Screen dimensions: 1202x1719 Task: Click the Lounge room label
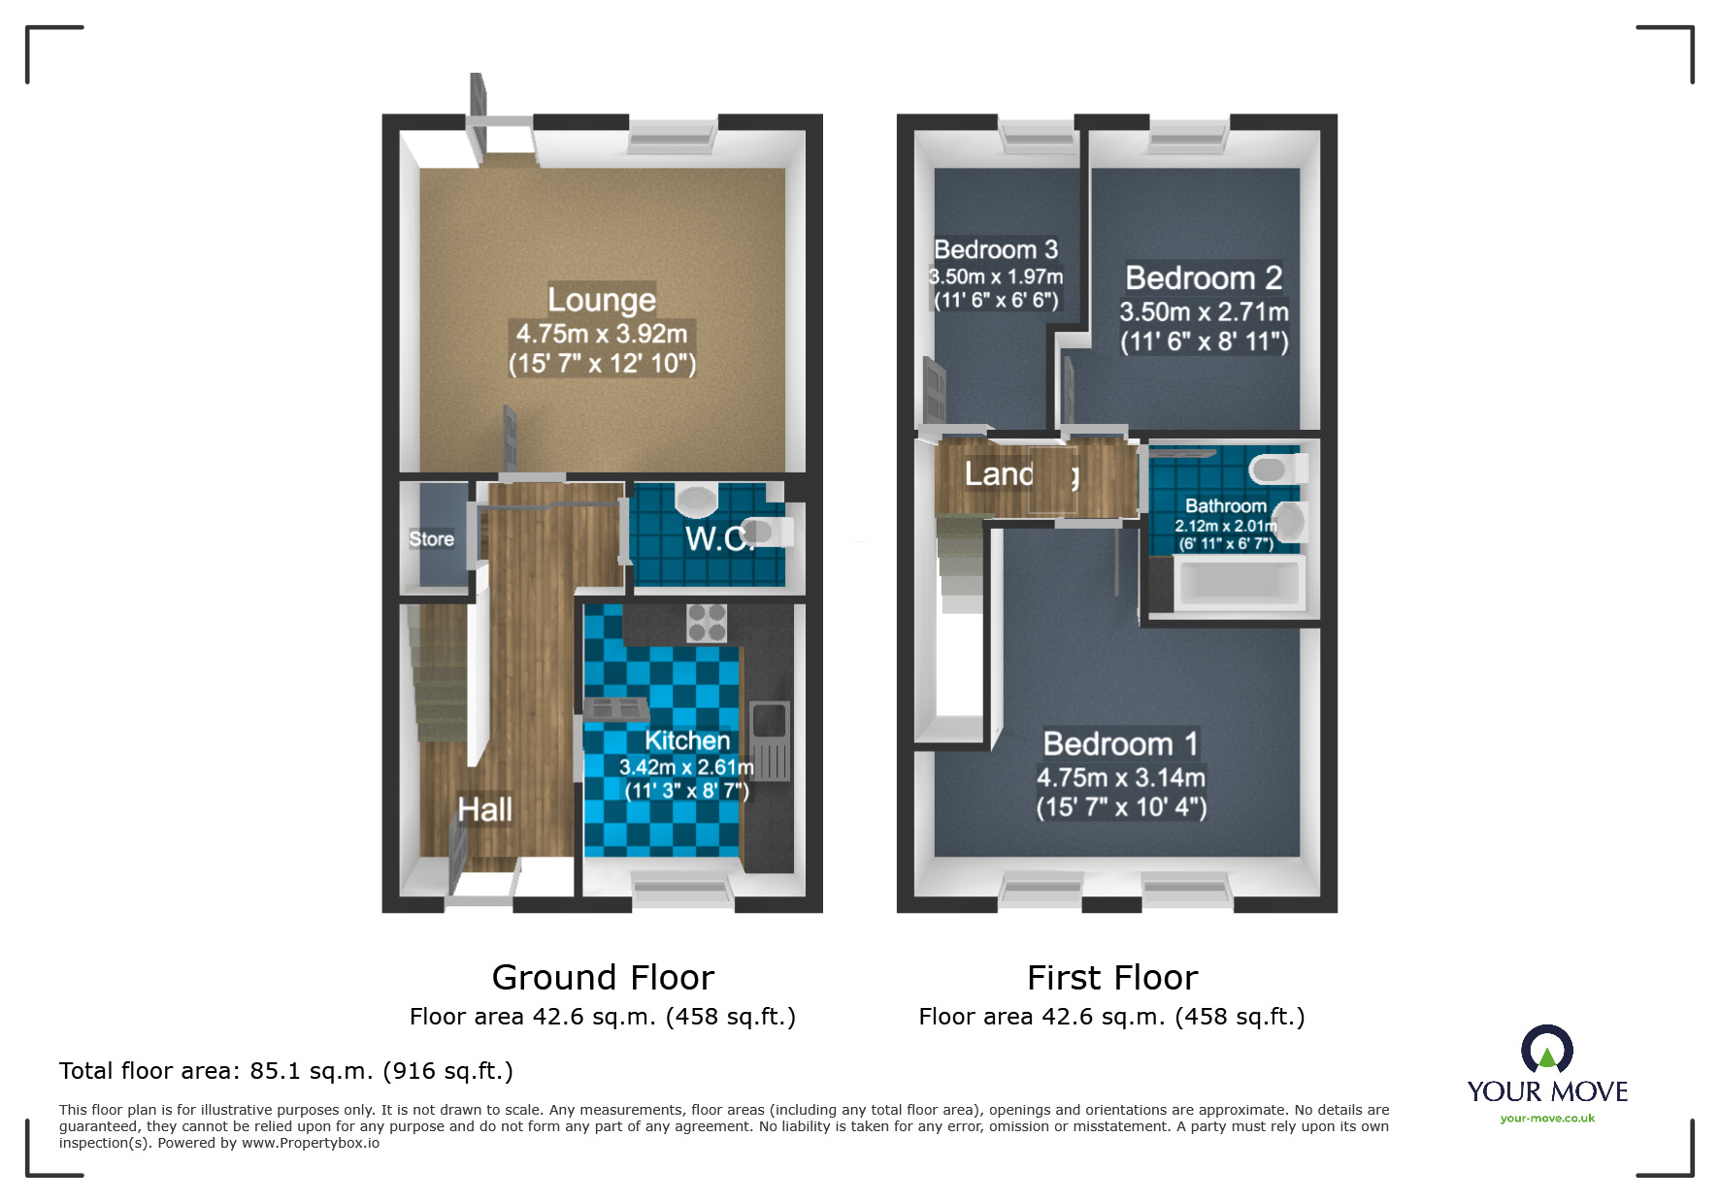(601, 299)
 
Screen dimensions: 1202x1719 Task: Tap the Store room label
(431, 538)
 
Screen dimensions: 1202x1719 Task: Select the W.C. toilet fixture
(765, 532)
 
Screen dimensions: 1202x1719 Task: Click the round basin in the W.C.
(696, 500)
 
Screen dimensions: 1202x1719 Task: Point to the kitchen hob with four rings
(707, 622)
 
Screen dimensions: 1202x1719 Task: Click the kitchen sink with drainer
(770, 740)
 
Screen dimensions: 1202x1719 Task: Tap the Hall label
(484, 809)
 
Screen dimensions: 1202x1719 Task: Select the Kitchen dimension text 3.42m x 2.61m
(686, 766)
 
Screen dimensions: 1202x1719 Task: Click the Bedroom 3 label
(996, 249)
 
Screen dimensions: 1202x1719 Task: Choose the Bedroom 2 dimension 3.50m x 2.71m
(1204, 311)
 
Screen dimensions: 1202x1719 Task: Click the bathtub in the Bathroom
(1237, 583)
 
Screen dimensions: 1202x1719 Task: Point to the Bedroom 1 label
(1120, 743)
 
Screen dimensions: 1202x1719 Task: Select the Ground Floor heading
(603, 977)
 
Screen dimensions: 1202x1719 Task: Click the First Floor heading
(1112, 977)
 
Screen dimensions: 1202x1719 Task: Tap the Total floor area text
(285, 1070)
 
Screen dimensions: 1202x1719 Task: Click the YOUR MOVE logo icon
(1546, 1049)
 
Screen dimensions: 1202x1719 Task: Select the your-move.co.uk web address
(1547, 1119)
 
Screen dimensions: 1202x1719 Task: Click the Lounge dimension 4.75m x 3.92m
(601, 334)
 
